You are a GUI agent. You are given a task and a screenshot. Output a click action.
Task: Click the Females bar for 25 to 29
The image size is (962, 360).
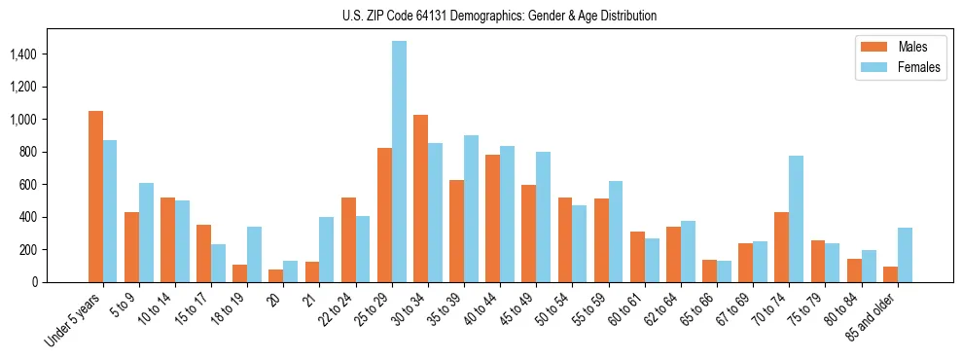(x=399, y=162)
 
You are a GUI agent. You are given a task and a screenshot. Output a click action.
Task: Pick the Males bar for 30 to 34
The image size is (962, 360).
(x=420, y=198)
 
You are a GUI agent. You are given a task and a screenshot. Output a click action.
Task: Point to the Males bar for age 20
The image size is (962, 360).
(x=276, y=275)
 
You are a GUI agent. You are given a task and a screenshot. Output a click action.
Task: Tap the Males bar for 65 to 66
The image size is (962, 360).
(x=709, y=270)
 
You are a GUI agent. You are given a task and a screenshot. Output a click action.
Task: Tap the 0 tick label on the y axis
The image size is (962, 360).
(x=61, y=282)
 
